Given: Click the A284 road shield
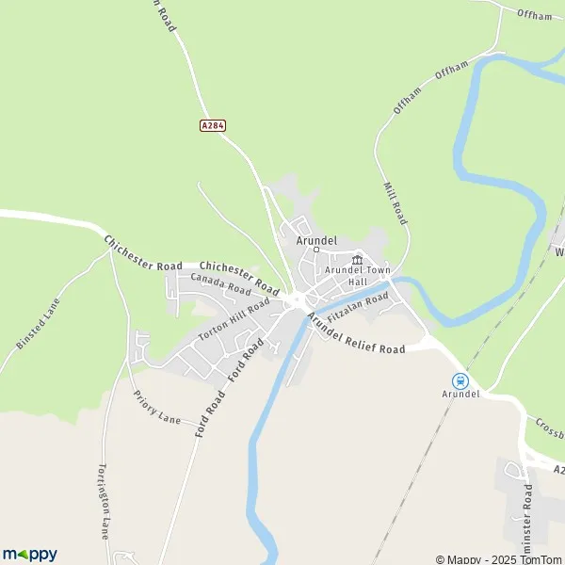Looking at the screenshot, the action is pyautogui.click(x=213, y=124).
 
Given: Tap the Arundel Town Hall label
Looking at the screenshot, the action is pyautogui.click(x=357, y=276).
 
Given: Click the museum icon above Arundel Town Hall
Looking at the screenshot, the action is pyautogui.click(x=357, y=260).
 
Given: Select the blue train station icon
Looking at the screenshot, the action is pyautogui.click(x=460, y=380).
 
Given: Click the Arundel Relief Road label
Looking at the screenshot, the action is pyautogui.click(x=356, y=333).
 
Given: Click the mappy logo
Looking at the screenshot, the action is pyautogui.click(x=29, y=554).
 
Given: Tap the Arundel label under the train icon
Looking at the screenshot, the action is pyautogui.click(x=460, y=394).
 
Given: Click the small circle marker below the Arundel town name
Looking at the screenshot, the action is pyautogui.click(x=316, y=250).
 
